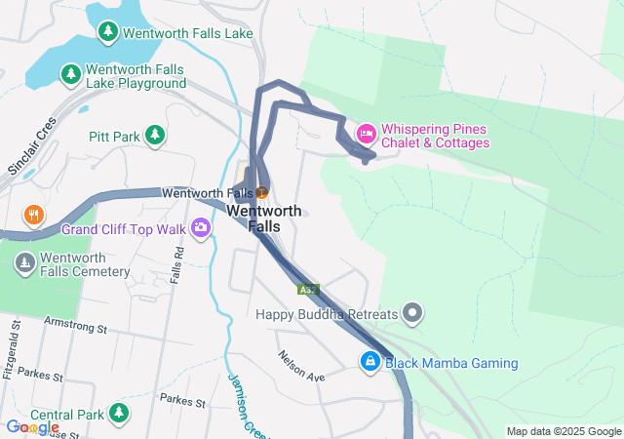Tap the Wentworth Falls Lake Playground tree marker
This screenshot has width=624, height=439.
point(70,74)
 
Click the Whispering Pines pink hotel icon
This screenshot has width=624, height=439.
point(367,132)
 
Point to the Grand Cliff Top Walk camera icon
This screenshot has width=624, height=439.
point(201,227)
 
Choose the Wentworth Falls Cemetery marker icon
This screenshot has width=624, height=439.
point(25,261)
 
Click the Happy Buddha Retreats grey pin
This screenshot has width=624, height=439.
point(413,313)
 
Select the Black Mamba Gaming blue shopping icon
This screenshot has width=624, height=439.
point(370,362)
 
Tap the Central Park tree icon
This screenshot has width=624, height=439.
point(119,414)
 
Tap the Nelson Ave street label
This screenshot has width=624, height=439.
point(300,370)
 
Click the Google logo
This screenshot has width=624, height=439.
point(32,427)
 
